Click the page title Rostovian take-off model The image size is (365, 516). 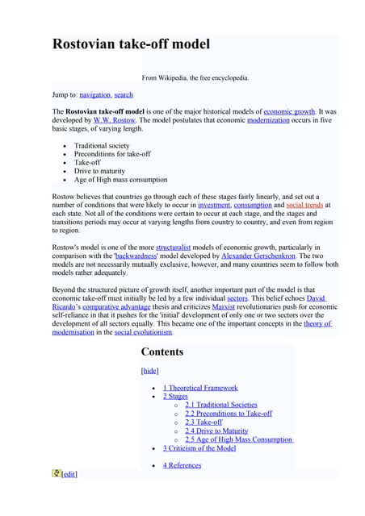[131, 44]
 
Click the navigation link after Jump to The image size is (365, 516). [94, 94]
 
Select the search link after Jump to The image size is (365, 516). [124, 94]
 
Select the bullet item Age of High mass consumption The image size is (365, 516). [120, 180]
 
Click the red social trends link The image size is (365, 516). [304, 206]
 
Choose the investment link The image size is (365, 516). [213, 206]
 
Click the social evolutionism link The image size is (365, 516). [143, 332]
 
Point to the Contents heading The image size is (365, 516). [162, 352]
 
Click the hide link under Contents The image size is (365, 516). [149, 370]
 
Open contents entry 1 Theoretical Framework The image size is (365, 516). [200, 388]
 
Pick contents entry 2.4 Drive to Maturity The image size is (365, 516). [216, 431]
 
